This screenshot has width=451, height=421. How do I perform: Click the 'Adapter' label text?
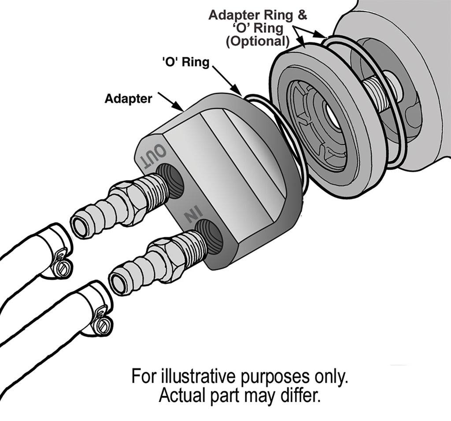click(128, 98)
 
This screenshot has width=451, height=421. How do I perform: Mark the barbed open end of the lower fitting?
click(118, 281)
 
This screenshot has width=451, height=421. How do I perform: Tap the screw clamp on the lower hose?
click(102, 324)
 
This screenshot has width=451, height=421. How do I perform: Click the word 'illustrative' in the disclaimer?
click(198, 377)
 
